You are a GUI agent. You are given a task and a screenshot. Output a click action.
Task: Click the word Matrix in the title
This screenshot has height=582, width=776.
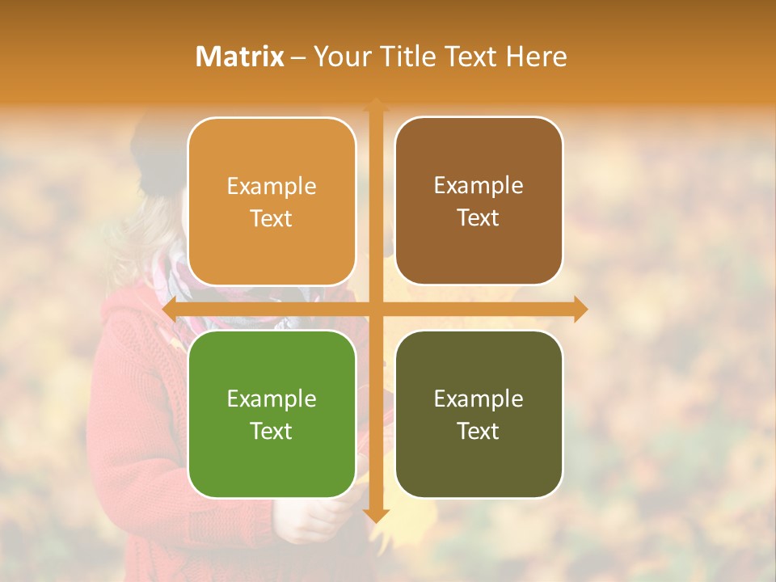(240, 57)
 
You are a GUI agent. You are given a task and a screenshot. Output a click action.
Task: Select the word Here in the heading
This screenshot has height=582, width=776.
(536, 57)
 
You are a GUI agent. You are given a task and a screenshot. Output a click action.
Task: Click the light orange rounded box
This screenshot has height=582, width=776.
(272, 201)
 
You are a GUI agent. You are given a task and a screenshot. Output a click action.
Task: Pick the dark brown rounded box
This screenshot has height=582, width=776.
(479, 201)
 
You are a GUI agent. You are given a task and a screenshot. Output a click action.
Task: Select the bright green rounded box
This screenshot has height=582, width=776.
(272, 414)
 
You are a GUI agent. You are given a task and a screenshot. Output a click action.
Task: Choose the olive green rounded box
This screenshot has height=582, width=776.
(479, 414)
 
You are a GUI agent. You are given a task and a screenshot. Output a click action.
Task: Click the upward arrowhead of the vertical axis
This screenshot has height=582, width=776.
(376, 104)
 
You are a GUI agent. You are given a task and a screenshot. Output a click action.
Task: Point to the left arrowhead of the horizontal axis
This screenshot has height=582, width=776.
(169, 309)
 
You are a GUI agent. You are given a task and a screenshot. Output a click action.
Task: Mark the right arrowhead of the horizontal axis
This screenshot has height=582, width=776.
(580, 309)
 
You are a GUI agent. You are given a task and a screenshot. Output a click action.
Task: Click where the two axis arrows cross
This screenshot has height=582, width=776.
(376, 309)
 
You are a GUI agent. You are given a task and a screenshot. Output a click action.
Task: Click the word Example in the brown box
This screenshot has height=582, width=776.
(479, 186)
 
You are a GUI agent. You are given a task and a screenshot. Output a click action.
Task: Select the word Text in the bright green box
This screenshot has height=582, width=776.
(272, 431)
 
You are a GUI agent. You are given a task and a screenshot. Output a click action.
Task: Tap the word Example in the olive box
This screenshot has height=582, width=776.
(479, 399)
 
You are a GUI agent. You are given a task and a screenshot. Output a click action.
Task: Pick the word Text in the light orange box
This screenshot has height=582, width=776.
(272, 218)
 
